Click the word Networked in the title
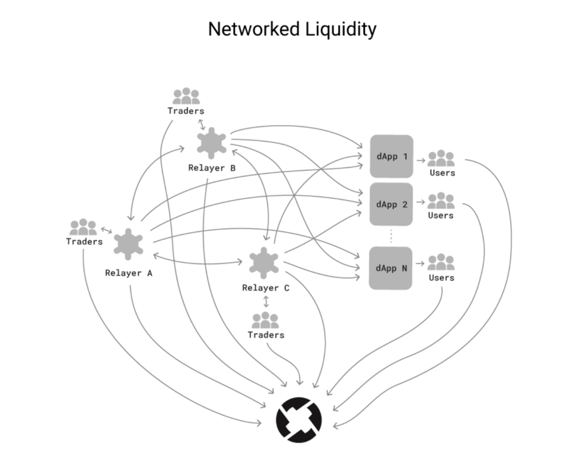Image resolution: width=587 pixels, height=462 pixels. pyautogui.click(x=254, y=29)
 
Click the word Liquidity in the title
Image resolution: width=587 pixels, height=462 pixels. pyautogui.click(x=341, y=30)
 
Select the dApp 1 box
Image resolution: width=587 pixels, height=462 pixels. pyautogui.click(x=392, y=156)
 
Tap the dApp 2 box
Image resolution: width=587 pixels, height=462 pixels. pyautogui.click(x=391, y=204)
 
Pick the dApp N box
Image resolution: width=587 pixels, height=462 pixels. pyautogui.click(x=391, y=268)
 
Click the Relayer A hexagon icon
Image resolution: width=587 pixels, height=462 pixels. pyautogui.click(x=128, y=244)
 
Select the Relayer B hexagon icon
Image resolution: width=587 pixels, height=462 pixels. pyautogui.click(x=212, y=143)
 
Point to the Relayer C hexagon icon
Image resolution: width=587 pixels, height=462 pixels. pyautogui.click(x=264, y=263)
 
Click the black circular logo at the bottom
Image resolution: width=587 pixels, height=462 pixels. pyautogui.click(x=299, y=420)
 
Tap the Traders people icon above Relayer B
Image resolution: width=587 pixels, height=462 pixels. pyautogui.click(x=186, y=96)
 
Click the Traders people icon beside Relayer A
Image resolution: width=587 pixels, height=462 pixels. pyautogui.click(x=83, y=227)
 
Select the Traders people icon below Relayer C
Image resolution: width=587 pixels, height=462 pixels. pyautogui.click(x=265, y=320)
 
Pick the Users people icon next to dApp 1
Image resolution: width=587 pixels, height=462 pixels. pyautogui.click(x=441, y=158)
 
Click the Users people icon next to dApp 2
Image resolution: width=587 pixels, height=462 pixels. pyautogui.click(x=441, y=201)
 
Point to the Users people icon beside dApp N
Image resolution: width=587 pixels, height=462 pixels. pyautogui.click(x=441, y=262)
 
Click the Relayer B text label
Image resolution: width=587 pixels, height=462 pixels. pyautogui.click(x=212, y=168)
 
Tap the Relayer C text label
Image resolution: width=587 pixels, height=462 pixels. pyautogui.click(x=266, y=288)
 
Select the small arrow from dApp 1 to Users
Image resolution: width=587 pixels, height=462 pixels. pyautogui.click(x=421, y=160)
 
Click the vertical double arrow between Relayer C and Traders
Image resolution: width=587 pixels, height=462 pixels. pyautogui.click(x=266, y=302)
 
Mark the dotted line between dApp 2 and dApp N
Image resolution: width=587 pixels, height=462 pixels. pyautogui.click(x=391, y=236)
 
